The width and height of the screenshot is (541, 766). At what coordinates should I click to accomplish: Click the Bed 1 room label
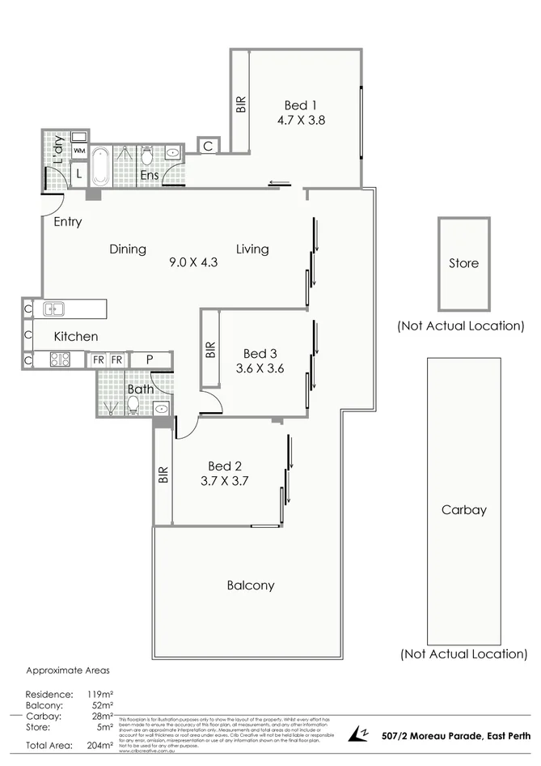coord(297,105)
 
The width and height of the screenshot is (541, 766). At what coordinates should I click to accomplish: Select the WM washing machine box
coord(79,151)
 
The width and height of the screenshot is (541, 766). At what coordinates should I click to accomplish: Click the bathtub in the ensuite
coord(100,166)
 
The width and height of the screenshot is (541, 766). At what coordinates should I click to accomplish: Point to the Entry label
coord(67,222)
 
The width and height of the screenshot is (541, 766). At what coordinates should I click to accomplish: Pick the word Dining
coord(128,249)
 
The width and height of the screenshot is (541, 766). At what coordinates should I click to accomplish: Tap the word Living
coord(252,249)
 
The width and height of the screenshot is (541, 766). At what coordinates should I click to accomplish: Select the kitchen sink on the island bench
coord(54,309)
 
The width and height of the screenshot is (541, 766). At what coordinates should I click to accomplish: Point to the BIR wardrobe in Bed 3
coord(210,350)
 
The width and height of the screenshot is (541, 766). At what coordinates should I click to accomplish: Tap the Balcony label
coord(250,585)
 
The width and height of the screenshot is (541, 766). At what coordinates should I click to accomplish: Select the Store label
coord(463,263)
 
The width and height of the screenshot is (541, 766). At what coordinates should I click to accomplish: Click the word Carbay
coord(463,511)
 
